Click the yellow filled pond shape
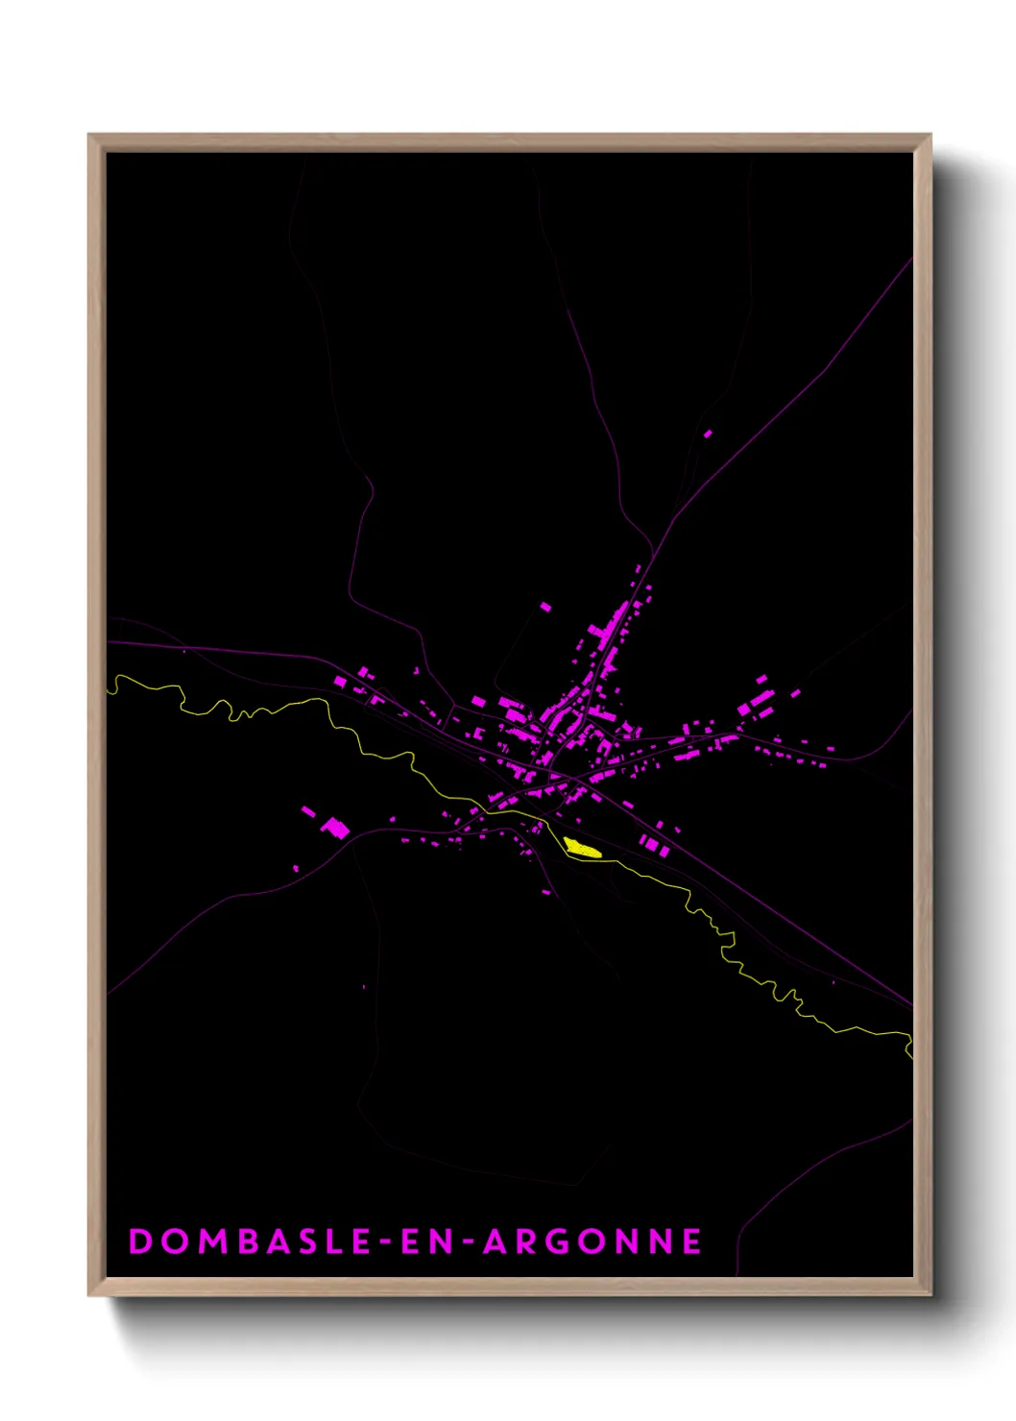click(x=581, y=848)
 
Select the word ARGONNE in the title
click(x=592, y=1241)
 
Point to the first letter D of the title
click(x=140, y=1241)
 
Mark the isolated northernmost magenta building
click(x=708, y=434)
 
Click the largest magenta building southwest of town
click(x=335, y=827)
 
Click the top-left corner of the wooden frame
click(x=89, y=135)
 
